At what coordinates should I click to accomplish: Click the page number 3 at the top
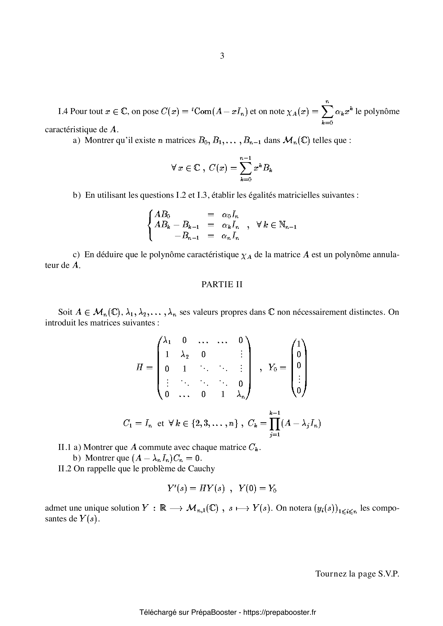(x=222, y=56)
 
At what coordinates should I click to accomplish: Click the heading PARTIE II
(x=222, y=284)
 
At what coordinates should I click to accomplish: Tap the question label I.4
(x=63, y=111)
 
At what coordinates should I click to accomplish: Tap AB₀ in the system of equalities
(x=162, y=215)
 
